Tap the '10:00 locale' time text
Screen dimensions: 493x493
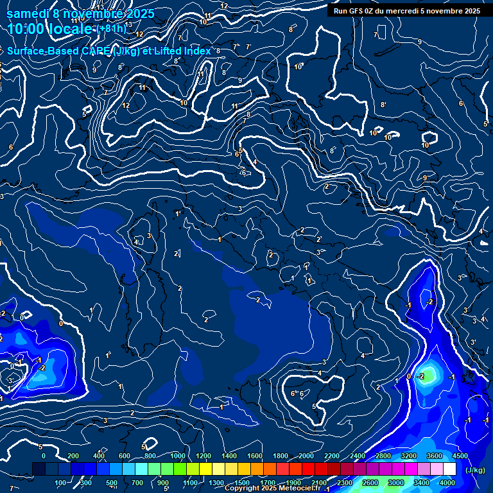click(51, 29)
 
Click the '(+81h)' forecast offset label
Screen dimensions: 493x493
click(112, 29)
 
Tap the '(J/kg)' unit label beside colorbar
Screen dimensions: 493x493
click(474, 470)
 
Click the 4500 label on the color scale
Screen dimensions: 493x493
click(460, 456)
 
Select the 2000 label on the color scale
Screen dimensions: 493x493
click(306, 456)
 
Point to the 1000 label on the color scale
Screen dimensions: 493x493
click(178, 456)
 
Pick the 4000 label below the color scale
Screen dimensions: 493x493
click(447, 483)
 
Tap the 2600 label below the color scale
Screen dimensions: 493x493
click(370, 483)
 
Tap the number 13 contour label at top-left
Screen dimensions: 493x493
click(100, 7)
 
